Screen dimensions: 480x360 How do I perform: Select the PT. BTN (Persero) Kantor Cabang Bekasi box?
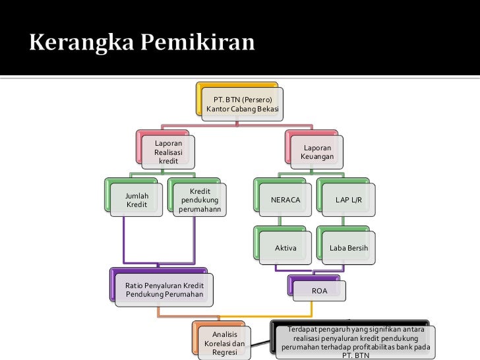click(x=242, y=104)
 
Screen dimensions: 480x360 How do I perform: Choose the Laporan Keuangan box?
click(x=317, y=152)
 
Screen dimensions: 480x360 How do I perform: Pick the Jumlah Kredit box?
click(x=136, y=200)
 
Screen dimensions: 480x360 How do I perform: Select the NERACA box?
click(x=285, y=200)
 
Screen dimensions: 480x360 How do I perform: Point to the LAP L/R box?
click(x=347, y=200)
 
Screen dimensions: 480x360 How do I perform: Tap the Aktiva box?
click(x=285, y=248)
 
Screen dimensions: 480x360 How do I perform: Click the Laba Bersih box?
click(x=348, y=248)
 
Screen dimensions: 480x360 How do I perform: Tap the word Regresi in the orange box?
click(x=225, y=353)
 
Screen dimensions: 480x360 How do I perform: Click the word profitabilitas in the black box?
click(x=367, y=347)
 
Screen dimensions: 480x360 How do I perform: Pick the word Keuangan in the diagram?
click(x=317, y=157)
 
